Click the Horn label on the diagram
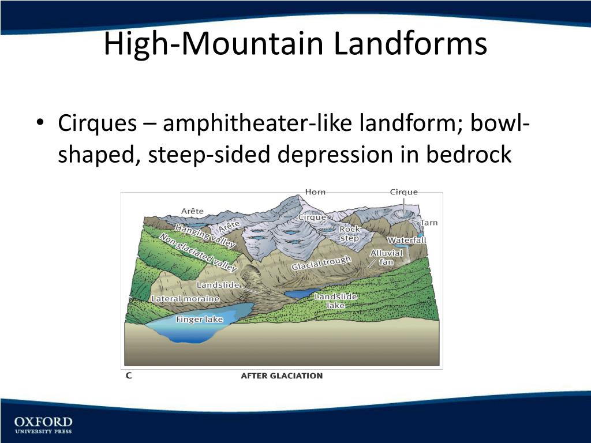(315, 192)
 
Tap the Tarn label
(429, 223)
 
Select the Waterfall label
(406, 240)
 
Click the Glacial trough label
(321, 263)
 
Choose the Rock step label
(349, 234)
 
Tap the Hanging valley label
(205, 236)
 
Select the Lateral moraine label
(185, 299)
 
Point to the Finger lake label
(199, 319)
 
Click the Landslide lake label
(335, 301)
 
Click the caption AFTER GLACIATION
(282, 376)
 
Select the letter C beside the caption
(129, 376)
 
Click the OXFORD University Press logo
(43, 424)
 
